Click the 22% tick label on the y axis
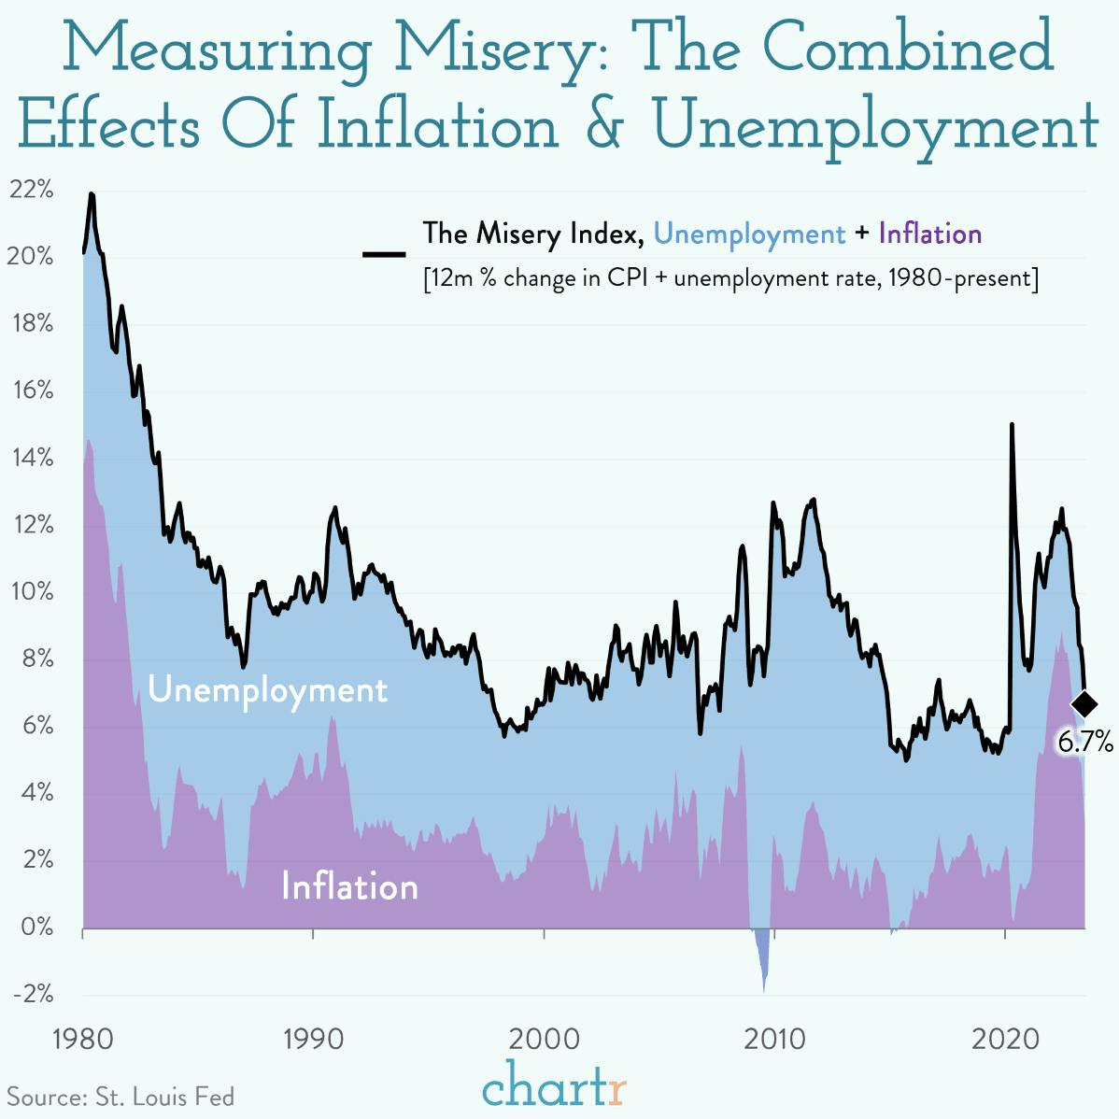pyautogui.click(x=32, y=190)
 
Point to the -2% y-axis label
pyautogui.click(x=34, y=993)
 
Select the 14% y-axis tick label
pyautogui.click(x=32, y=458)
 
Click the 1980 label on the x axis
pyautogui.click(x=82, y=1039)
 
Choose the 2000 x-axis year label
pyautogui.click(x=544, y=1039)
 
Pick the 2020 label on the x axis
pyautogui.click(x=1005, y=1039)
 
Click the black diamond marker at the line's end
pyautogui.click(x=1084, y=703)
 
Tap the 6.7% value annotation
pyautogui.click(x=1084, y=742)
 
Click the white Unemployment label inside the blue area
pyautogui.click(x=267, y=690)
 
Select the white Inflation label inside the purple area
pyautogui.click(x=349, y=886)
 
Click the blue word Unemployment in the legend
pyautogui.click(x=749, y=234)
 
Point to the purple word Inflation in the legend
pyautogui.click(x=929, y=234)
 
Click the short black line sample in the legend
pyautogui.click(x=384, y=253)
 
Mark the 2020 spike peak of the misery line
pyautogui.click(x=1012, y=425)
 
